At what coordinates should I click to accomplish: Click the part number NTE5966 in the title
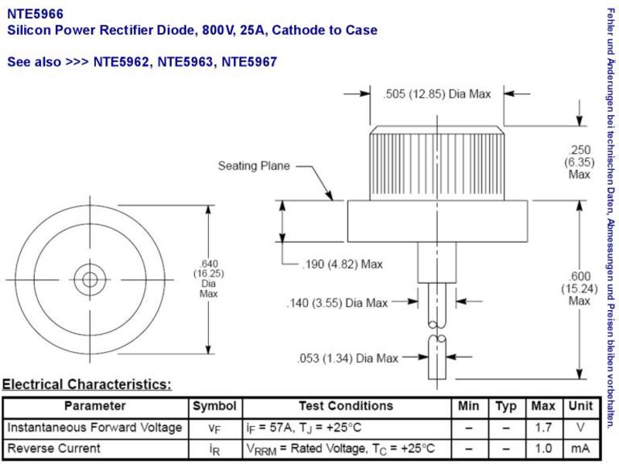tap(35, 14)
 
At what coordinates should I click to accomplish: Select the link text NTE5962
tap(121, 62)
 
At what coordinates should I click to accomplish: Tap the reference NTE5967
tap(249, 62)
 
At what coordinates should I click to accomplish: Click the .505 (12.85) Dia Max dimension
tap(437, 94)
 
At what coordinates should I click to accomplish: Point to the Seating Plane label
tap(254, 165)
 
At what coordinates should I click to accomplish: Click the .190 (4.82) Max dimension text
tap(342, 264)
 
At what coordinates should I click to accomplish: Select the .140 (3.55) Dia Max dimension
tap(337, 303)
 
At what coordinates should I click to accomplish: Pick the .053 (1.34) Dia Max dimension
tap(347, 358)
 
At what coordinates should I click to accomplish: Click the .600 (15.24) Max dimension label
tap(579, 288)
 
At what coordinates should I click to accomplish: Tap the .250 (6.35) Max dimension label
tap(579, 162)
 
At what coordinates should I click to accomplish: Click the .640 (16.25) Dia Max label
tap(208, 278)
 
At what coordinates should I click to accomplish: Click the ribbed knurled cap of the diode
tap(436, 163)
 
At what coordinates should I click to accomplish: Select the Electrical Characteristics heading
tap(87, 384)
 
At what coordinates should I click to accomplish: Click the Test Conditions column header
tap(346, 406)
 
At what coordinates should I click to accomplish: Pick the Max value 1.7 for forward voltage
tap(543, 428)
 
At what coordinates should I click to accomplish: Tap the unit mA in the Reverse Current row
tap(580, 449)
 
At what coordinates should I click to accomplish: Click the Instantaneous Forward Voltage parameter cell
tap(94, 428)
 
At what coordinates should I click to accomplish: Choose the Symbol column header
tap(214, 407)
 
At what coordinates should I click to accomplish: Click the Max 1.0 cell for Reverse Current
tap(543, 449)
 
